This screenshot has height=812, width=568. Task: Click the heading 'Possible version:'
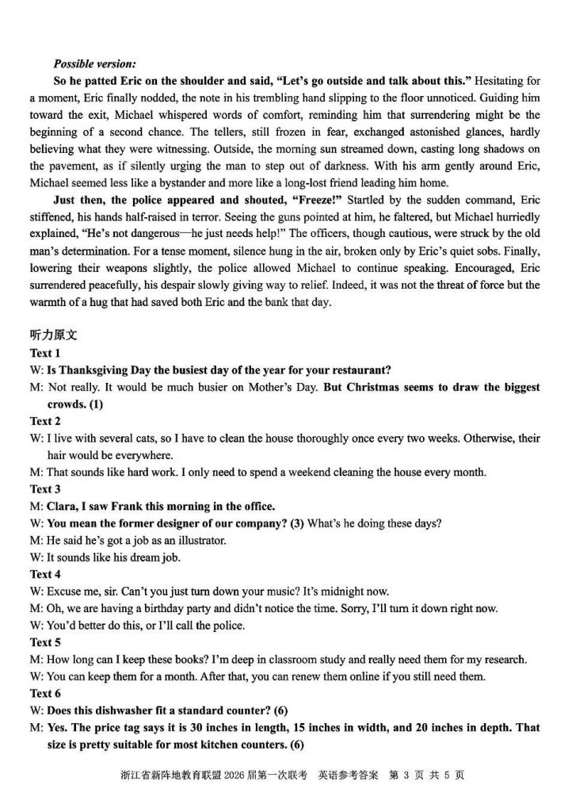93,63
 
